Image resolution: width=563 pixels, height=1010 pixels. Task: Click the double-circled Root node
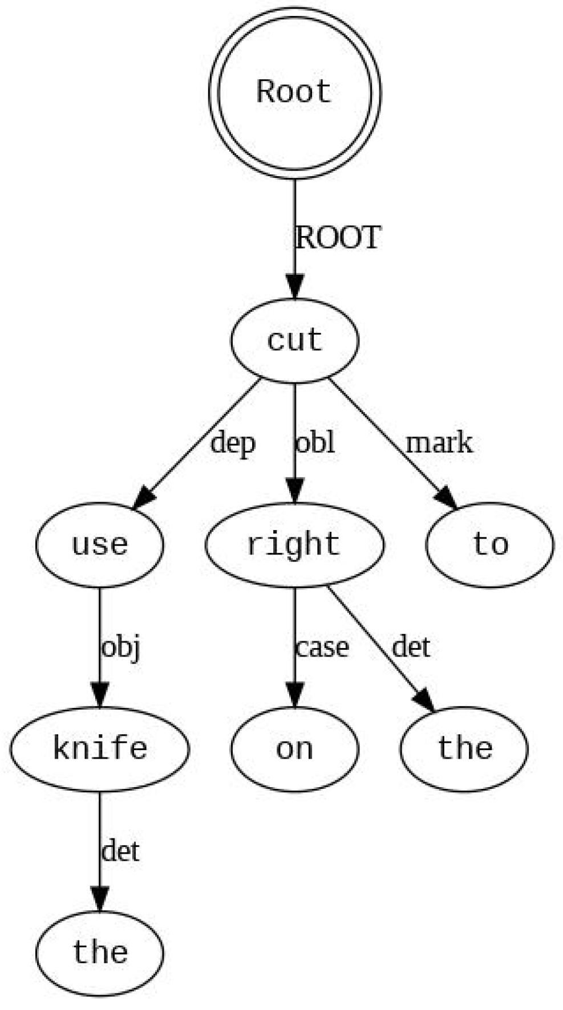(294, 93)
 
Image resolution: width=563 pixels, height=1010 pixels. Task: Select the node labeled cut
(294, 340)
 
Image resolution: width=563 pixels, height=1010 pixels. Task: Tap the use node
(100, 544)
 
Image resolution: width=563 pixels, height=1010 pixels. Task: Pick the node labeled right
(294, 544)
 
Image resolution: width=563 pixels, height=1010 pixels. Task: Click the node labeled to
(489, 544)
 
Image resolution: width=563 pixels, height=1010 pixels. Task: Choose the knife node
(100, 748)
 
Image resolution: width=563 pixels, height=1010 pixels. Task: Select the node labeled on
(294, 748)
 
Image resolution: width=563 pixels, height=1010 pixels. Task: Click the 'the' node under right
(464, 748)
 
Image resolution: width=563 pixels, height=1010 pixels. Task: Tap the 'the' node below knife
(100, 952)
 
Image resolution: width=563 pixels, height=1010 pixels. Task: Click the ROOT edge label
(338, 238)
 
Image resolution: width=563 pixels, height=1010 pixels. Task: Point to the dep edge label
(232, 443)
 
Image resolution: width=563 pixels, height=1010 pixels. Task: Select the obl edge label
(314, 443)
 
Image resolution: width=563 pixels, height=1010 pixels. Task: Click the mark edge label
(439, 443)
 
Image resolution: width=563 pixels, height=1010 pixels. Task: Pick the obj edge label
(120, 647)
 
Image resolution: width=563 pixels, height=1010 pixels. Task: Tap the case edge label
(322, 647)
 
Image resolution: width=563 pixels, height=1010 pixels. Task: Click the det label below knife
(120, 852)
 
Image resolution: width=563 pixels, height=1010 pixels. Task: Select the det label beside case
(411, 647)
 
